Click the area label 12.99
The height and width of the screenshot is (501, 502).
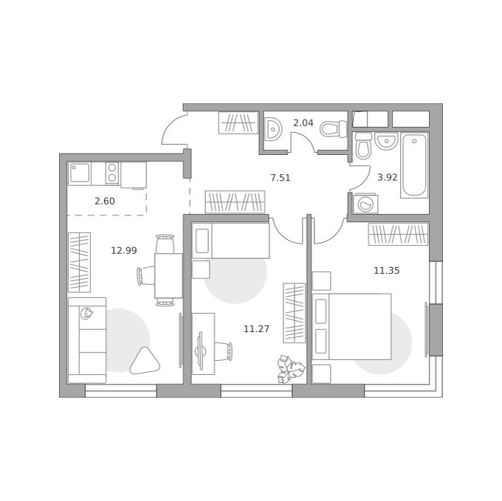tap(124, 250)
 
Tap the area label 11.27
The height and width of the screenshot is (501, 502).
tap(256, 328)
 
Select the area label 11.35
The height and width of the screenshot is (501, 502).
tap(386, 271)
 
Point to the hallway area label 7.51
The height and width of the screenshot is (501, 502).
tap(281, 178)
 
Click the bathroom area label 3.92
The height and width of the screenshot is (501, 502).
tap(388, 177)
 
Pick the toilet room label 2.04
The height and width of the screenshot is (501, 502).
tap(303, 122)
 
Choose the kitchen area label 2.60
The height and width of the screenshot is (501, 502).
tap(105, 201)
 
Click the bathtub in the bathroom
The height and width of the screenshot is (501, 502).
tap(414, 165)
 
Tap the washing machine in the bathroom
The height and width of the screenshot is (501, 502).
tap(365, 204)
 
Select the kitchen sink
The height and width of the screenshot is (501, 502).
tap(80, 173)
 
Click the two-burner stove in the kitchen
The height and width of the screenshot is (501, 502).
tap(112, 173)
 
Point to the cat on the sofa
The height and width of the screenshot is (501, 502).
tap(86, 314)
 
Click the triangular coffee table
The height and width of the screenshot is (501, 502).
tap(145, 362)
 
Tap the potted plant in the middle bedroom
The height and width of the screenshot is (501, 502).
tap(291, 369)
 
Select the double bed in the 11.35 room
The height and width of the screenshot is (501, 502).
tap(351, 326)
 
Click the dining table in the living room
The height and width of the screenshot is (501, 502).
tap(168, 276)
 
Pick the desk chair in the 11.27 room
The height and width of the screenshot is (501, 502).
tap(223, 351)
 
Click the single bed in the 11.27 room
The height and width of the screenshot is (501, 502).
tap(231, 241)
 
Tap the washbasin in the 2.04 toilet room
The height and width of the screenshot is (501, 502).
tap(273, 128)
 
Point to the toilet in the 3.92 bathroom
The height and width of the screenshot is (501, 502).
tap(363, 146)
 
